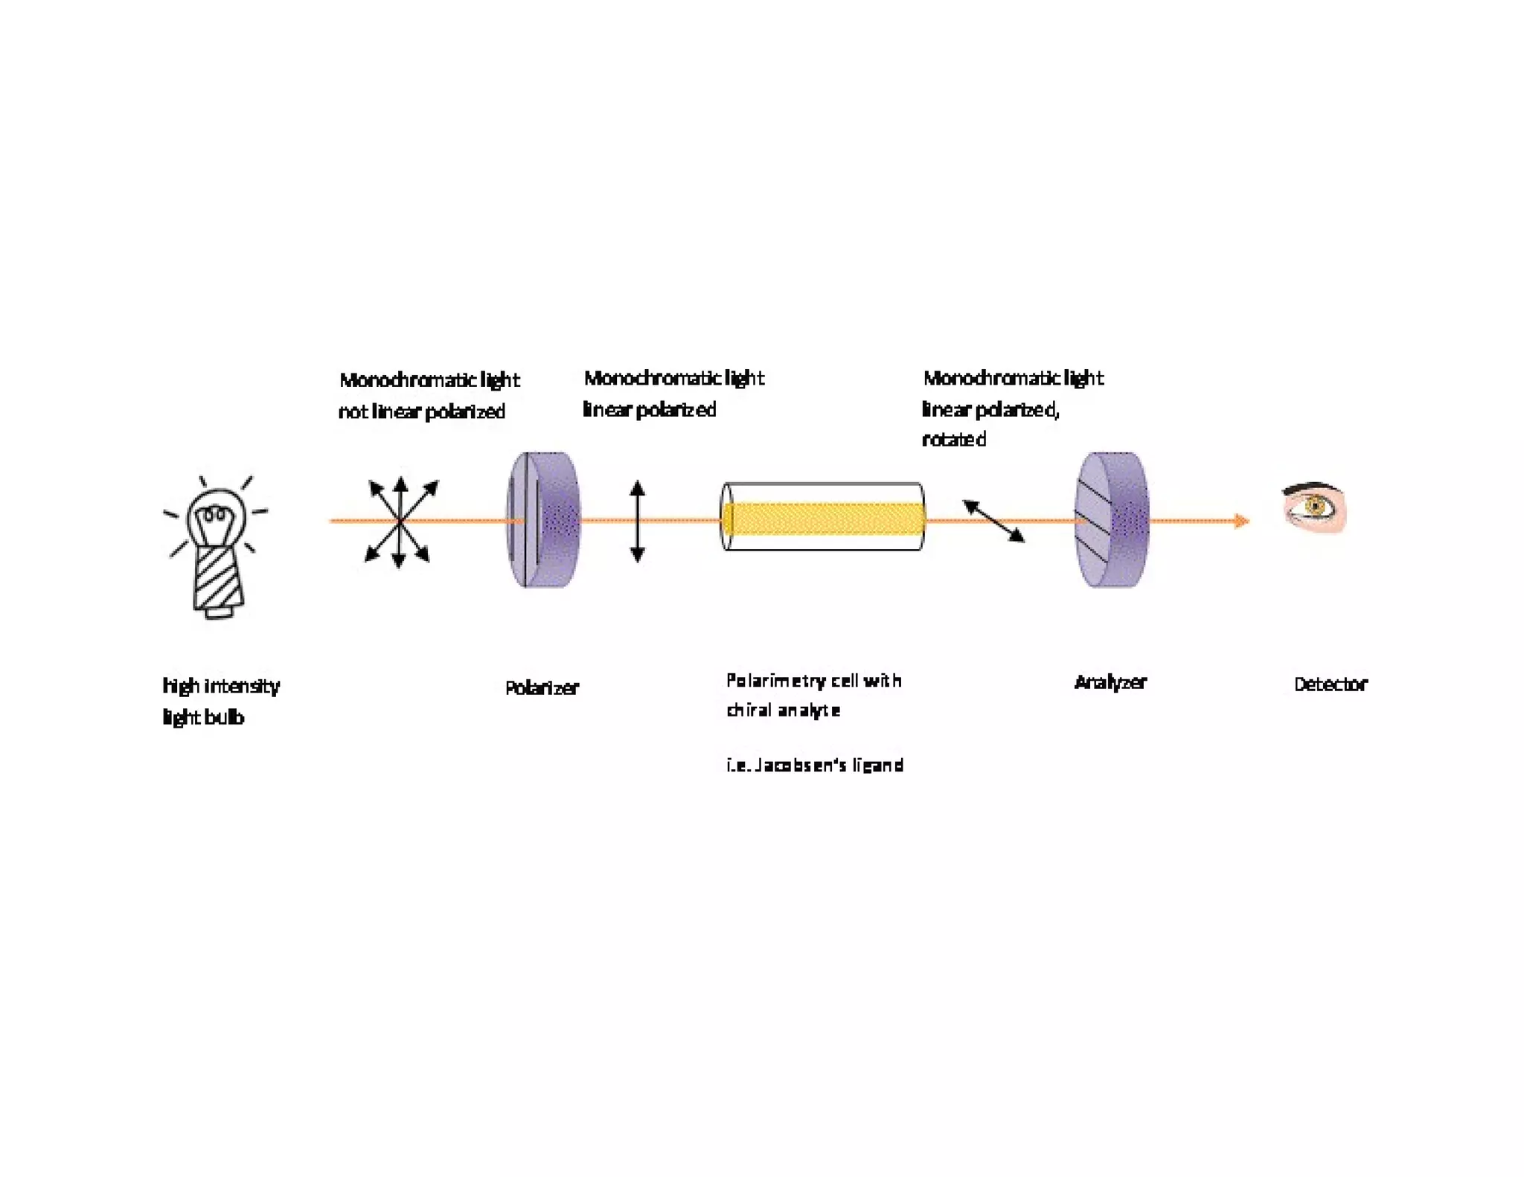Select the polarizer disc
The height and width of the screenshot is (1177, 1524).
pyautogui.click(x=543, y=519)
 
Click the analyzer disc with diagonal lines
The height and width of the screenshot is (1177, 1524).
pyautogui.click(x=1112, y=519)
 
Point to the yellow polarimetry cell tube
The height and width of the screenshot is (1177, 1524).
pyautogui.click(x=823, y=518)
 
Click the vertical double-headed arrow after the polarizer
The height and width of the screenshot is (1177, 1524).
pyautogui.click(x=637, y=521)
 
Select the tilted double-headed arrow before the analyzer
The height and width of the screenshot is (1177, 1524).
pyautogui.click(x=993, y=520)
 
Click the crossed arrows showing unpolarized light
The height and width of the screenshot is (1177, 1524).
pyautogui.click(x=400, y=522)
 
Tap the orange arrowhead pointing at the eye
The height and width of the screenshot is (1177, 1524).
pyautogui.click(x=1240, y=521)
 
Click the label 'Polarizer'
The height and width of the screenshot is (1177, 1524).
pyautogui.click(x=541, y=687)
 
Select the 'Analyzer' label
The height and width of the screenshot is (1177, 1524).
pyautogui.click(x=1110, y=682)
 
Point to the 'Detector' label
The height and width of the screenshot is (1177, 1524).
pyautogui.click(x=1331, y=684)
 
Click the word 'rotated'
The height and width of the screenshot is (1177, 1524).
pyautogui.click(x=954, y=440)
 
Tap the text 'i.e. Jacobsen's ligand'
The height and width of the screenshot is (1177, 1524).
pyautogui.click(x=815, y=765)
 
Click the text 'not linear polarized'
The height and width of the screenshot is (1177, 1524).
pyautogui.click(x=422, y=411)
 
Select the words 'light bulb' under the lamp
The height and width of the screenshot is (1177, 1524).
pyautogui.click(x=203, y=717)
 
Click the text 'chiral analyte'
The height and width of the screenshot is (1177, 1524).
pyautogui.click(x=784, y=711)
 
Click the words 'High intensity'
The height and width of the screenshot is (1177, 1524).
pyautogui.click(x=221, y=685)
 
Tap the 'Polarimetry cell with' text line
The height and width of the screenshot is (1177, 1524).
pyautogui.click(x=814, y=681)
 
